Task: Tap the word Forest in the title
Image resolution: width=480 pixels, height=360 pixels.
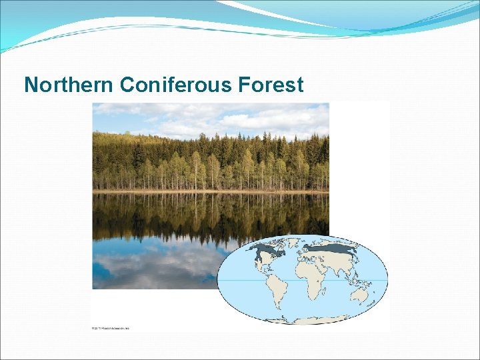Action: pyautogui.click(x=273, y=85)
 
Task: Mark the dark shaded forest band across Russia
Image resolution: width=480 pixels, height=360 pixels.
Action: pyautogui.click(x=330, y=249)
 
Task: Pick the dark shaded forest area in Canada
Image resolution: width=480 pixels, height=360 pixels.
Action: pyautogui.click(x=264, y=252)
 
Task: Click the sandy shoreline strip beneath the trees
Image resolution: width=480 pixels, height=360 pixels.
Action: pyautogui.click(x=210, y=191)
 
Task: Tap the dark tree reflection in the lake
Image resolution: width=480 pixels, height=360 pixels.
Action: pyautogui.click(x=200, y=217)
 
